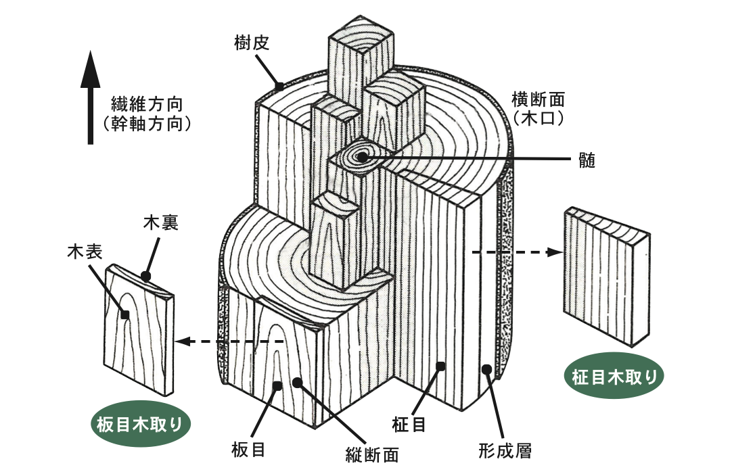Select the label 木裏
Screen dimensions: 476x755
point(160,224)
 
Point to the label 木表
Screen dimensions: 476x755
point(84,253)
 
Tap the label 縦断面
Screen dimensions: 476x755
point(367,454)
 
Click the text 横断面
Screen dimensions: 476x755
point(539,99)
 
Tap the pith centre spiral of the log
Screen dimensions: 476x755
point(361,158)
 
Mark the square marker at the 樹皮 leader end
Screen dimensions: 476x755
point(279,86)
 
